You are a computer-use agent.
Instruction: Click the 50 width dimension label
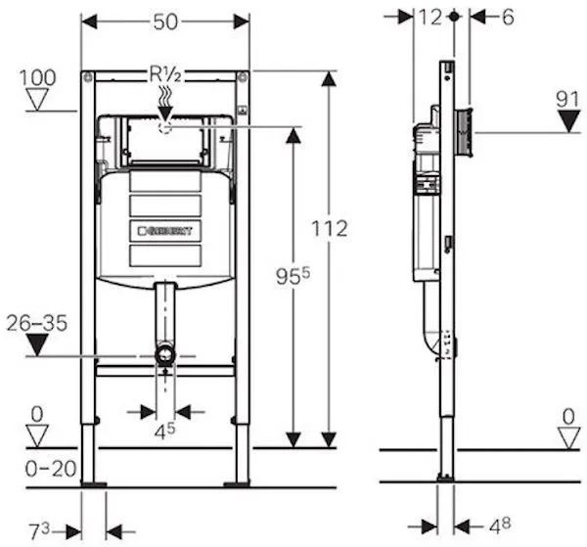pos(164,20)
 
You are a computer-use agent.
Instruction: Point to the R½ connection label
pos(163,74)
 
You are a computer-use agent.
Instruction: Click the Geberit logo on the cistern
pos(169,231)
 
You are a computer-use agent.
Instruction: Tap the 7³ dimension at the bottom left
pos(40,531)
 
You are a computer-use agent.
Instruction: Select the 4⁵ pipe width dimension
pos(165,429)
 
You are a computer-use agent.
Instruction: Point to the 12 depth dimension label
pos(429,17)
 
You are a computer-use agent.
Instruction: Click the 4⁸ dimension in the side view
pos(499,525)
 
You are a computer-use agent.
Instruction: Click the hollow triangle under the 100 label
pos(38,98)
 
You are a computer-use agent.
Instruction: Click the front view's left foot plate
pos(94,483)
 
